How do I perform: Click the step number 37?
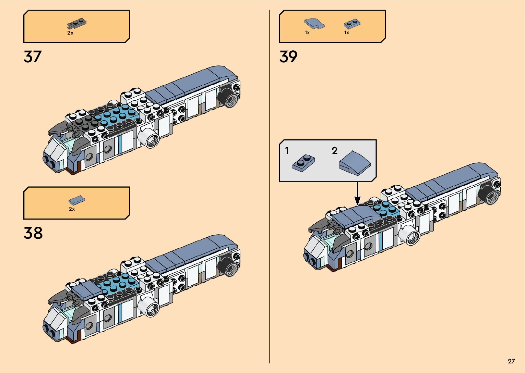[33, 57]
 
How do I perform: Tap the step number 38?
[33, 233]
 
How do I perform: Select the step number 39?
[288, 57]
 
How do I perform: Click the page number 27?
[511, 361]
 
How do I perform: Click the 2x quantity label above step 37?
[70, 33]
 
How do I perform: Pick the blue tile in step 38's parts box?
[77, 200]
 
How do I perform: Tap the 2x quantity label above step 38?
[72, 209]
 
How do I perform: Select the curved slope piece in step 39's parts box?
[314, 24]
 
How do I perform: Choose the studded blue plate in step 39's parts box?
[352, 24]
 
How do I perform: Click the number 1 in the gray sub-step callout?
[287, 151]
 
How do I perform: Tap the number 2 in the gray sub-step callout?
[335, 151]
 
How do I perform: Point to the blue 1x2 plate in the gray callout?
[303, 163]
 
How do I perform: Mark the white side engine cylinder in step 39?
[410, 235]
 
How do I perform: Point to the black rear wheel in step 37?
[228, 98]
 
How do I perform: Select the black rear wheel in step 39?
[490, 194]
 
